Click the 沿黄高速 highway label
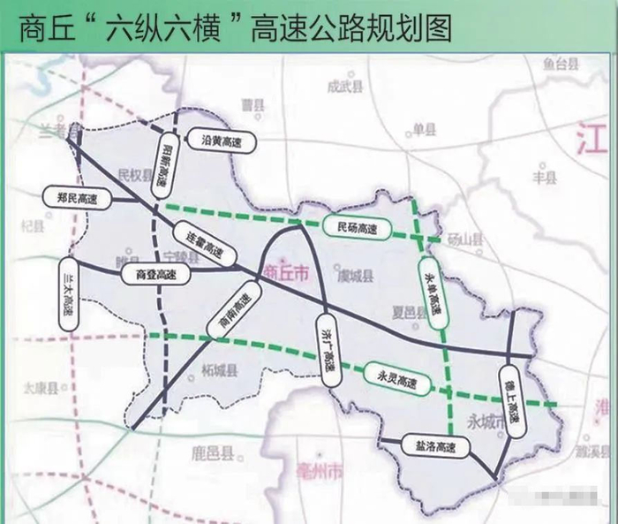pyautogui.click(x=221, y=140)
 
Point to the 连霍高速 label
pyautogui.click(x=210, y=244)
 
